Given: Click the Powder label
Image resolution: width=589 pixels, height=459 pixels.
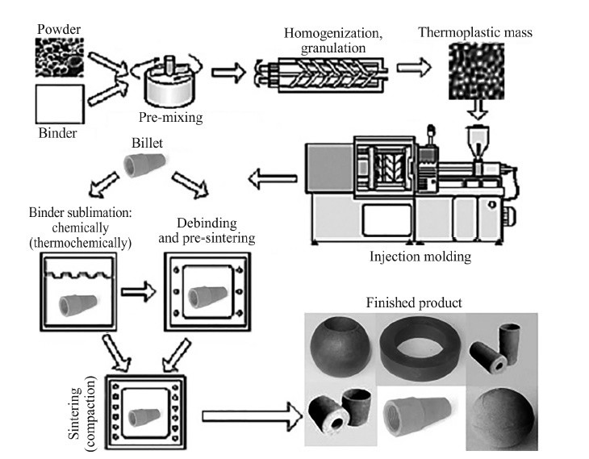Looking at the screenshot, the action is tap(59, 29).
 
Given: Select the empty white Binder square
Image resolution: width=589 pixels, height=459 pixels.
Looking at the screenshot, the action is tap(60, 104).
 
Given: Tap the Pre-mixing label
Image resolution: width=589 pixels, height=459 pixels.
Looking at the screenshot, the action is tap(170, 118).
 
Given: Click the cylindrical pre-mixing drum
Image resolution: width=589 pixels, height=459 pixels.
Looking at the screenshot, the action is tap(170, 87).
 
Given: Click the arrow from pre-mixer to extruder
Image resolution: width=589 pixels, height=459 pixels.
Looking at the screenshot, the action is tap(228, 72).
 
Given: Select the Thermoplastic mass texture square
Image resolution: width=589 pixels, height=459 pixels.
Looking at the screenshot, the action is tap(476, 71).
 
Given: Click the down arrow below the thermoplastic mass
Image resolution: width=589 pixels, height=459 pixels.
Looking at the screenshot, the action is tap(478, 110).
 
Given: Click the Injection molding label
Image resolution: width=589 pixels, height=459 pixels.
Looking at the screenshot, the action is tap(420, 257).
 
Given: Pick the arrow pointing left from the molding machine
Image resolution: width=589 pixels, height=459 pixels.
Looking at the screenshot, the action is tap(273, 179).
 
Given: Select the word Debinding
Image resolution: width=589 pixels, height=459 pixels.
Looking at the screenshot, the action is tap(207, 223).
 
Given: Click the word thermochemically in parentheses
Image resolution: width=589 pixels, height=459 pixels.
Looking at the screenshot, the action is tap(81, 244).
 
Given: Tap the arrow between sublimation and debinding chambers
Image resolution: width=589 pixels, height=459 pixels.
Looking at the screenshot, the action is tap(138, 291).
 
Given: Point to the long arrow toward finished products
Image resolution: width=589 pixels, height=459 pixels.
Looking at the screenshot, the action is tap(252, 415).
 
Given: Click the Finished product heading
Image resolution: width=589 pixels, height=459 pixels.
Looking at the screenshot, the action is tap(414, 303).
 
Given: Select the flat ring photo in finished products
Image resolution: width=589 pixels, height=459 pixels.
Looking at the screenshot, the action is tap(420, 349).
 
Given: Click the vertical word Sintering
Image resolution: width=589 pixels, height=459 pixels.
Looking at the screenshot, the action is tap(75, 413).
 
